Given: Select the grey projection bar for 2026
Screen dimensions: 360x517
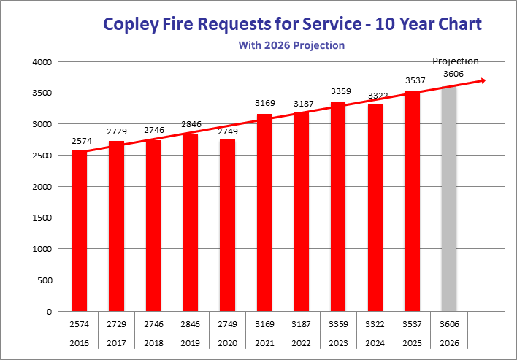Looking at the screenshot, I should point(449,199).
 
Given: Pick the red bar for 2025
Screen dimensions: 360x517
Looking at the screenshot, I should point(412,201).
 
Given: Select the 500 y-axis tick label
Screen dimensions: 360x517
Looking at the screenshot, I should point(42,280).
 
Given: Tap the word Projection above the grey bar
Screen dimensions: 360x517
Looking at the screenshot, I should point(456,61).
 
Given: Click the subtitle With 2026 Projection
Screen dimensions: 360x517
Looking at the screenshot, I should point(291,45).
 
